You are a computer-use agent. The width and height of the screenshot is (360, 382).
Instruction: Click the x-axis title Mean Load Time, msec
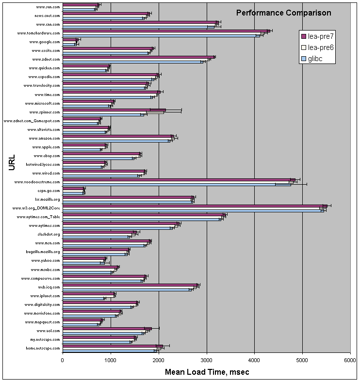207,372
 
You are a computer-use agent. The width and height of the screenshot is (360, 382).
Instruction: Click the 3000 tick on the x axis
207,360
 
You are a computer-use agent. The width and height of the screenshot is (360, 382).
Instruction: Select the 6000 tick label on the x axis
350,360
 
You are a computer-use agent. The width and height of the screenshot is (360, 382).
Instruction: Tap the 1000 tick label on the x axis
111,360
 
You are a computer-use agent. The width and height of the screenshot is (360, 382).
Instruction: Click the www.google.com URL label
45,42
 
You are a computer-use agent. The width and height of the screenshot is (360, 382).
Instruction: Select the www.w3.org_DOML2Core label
36,208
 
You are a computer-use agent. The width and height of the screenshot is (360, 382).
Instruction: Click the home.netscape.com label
43,349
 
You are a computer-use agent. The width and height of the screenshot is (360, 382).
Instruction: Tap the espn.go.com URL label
47,191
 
